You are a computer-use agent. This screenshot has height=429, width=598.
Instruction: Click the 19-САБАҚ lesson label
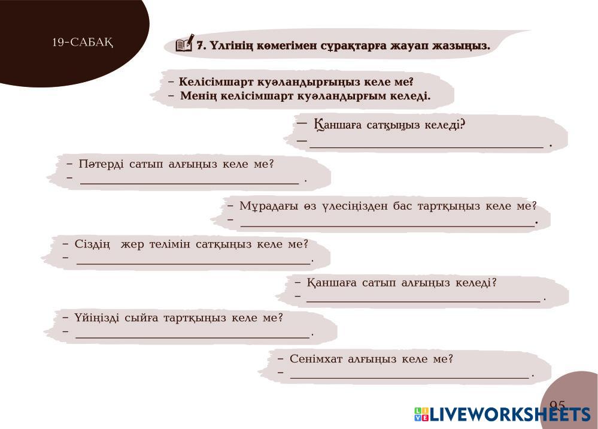coord(83,42)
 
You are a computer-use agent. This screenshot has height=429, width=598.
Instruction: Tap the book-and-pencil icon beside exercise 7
coord(184,43)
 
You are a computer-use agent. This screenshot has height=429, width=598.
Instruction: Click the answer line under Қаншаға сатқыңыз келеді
coord(426,147)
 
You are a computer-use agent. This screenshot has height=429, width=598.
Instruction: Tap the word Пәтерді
coord(101,164)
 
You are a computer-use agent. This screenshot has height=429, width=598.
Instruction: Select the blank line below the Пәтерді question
coord(190,183)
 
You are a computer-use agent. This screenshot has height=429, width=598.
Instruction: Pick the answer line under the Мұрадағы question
coord(387,226)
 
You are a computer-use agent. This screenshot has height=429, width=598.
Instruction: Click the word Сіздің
coord(92,244)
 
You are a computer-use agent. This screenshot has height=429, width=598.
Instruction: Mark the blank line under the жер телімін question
coord(194,264)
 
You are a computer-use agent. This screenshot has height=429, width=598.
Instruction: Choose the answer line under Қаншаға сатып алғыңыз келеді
coord(423,301)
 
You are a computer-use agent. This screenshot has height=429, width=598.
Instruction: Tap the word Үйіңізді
coord(96,318)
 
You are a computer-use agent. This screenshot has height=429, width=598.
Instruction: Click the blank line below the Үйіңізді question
coord(193,337)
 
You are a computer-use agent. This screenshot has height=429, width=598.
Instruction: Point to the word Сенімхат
coord(316,359)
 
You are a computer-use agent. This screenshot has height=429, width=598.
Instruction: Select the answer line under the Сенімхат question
coord(409,377)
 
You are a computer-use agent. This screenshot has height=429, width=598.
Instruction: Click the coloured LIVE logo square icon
coord(421,415)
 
